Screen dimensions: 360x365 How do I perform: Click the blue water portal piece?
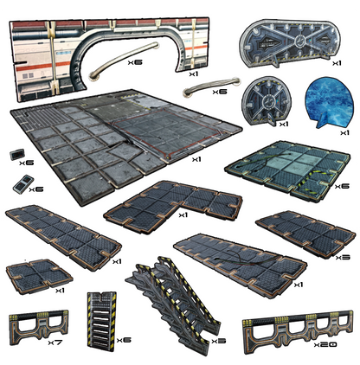(x=329, y=104)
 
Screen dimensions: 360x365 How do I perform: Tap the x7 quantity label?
(x=55, y=343)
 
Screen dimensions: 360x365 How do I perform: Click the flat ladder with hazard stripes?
(x=102, y=321)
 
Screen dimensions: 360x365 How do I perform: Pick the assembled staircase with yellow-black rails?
(x=173, y=303)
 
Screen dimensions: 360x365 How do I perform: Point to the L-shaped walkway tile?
(x=173, y=205)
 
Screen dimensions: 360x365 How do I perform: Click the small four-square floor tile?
(x=39, y=275)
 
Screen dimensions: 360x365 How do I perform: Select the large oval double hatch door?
(x=290, y=43)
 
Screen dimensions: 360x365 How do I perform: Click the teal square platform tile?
(x=288, y=170)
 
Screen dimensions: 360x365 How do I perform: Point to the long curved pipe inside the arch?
(x=124, y=60)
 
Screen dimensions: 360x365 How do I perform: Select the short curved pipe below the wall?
(x=212, y=86)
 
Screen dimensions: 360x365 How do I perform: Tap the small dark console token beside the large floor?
(x=17, y=155)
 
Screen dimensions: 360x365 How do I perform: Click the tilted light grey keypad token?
(x=23, y=184)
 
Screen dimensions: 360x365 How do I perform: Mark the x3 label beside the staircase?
(x=218, y=341)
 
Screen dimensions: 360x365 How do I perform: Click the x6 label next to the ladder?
(x=124, y=340)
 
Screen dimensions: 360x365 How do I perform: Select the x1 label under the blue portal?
(x=344, y=132)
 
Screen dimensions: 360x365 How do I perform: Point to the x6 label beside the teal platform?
(x=342, y=186)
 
